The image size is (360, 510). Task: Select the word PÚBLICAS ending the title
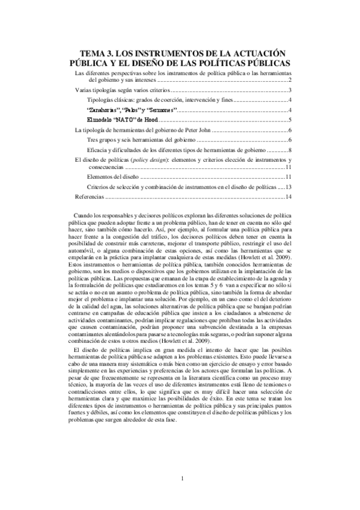coord(263,63)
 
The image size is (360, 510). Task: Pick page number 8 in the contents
coord(290,150)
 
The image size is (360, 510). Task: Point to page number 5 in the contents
coord(290,120)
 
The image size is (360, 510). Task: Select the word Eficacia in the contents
coord(98,150)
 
